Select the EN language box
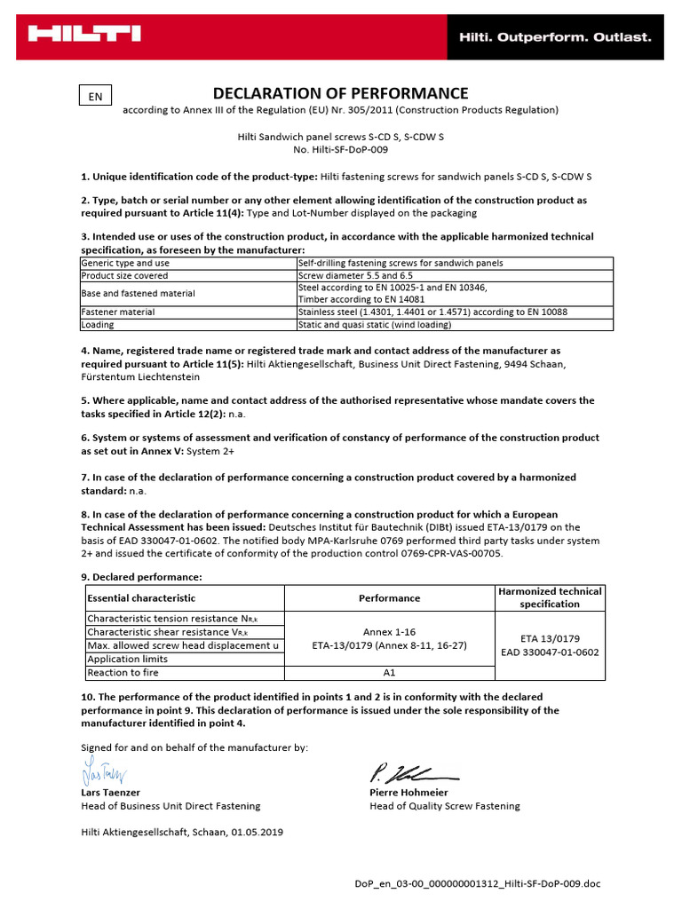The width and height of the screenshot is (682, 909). (95, 97)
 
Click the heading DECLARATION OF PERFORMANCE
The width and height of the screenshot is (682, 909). (340, 93)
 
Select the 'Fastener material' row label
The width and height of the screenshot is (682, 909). (118, 312)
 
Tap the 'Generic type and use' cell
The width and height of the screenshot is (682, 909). (125, 264)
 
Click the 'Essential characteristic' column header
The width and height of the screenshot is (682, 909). (141, 598)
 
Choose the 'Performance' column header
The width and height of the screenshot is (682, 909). (390, 598)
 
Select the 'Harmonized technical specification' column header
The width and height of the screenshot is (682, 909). (550, 597)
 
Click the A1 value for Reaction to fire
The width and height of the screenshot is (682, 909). (390, 673)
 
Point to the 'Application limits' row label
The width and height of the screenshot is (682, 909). (127, 660)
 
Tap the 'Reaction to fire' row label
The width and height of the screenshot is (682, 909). (124, 673)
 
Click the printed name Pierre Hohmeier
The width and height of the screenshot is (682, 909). (408, 792)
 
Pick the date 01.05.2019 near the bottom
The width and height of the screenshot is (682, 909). (258, 832)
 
